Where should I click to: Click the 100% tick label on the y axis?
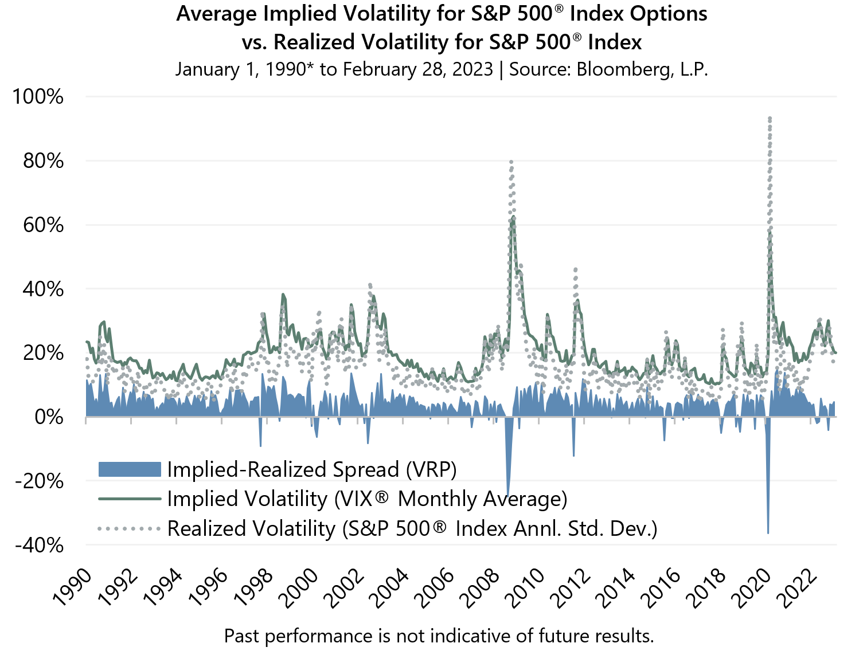(38, 96)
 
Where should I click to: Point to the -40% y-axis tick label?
(39, 544)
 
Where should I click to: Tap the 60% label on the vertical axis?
(43, 225)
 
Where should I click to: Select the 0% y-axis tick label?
(49, 417)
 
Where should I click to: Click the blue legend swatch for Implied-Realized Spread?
(130, 469)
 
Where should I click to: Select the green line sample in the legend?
(130, 499)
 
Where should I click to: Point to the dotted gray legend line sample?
(130, 528)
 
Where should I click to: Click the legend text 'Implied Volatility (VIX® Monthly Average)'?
(367, 499)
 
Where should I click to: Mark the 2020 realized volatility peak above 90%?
(769, 118)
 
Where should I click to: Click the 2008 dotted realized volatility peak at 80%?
(511, 162)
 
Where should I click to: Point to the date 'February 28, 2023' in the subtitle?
(418, 69)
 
